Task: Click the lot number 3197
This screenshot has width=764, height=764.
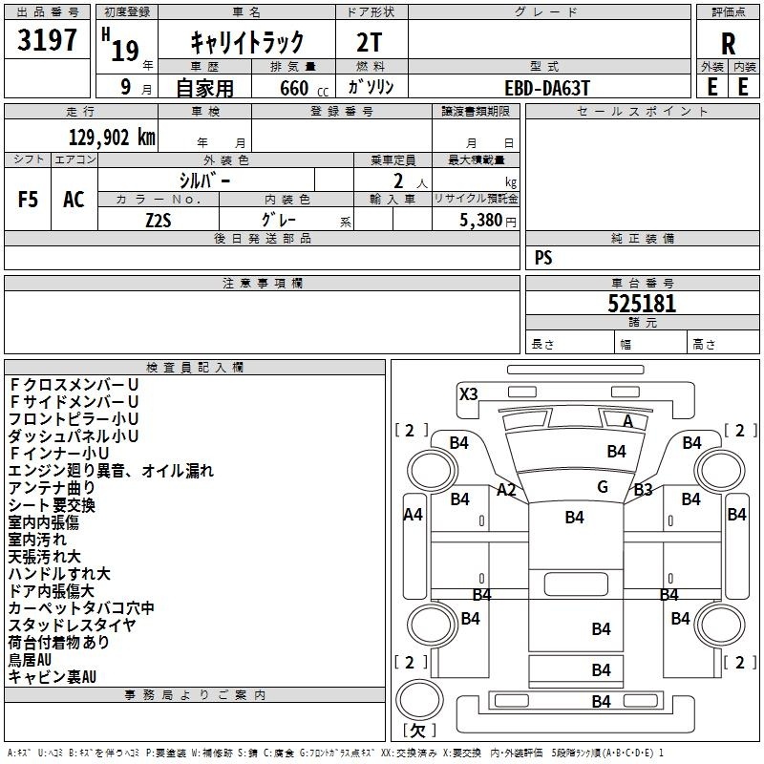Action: pyautogui.click(x=47, y=39)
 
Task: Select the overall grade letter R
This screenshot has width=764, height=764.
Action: pyautogui.click(x=728, y=44)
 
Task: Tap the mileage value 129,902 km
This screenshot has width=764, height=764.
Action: pyautogui.click(x=112, y=138)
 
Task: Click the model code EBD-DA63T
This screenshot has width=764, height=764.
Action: pyautogui.click(x=547, y=88)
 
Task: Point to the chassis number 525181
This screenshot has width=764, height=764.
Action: pyautogui.click(x=642, y=304)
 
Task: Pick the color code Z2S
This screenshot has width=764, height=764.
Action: pyautogui.click(x=159, y=221)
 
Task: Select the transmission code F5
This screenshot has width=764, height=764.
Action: pyautogui.click(x=28, y=200)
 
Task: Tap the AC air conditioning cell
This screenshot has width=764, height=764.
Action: pyautogui.click(x=74, y=200)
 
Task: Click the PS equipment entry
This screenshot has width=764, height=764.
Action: pyautogui.click(x=543, y=257)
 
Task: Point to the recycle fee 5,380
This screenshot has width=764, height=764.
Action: pyautogui.click(x=481, y=221)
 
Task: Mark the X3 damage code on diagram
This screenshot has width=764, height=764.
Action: pyautogui.click(x=469, y=393)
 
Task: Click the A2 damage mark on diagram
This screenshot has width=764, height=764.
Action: pyautogui.click(x=506, y=489)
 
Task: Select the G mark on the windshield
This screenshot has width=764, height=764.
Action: pyautogui.click(x=603, y=486)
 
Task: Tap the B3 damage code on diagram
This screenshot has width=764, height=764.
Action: pyautogui.click(x=643, y=489)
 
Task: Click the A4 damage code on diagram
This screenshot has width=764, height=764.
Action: pyautogui.click(x=414, y=514)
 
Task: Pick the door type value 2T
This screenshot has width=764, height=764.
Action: pyautogui.click(x=370, y=43)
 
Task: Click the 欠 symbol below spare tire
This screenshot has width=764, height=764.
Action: pyautogui.click(x=418, y=730)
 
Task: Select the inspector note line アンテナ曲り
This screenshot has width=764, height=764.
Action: pyautogui.click(x=52, y=488)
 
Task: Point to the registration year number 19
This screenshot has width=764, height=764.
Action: pyautogui.click(x=125, y=51)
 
